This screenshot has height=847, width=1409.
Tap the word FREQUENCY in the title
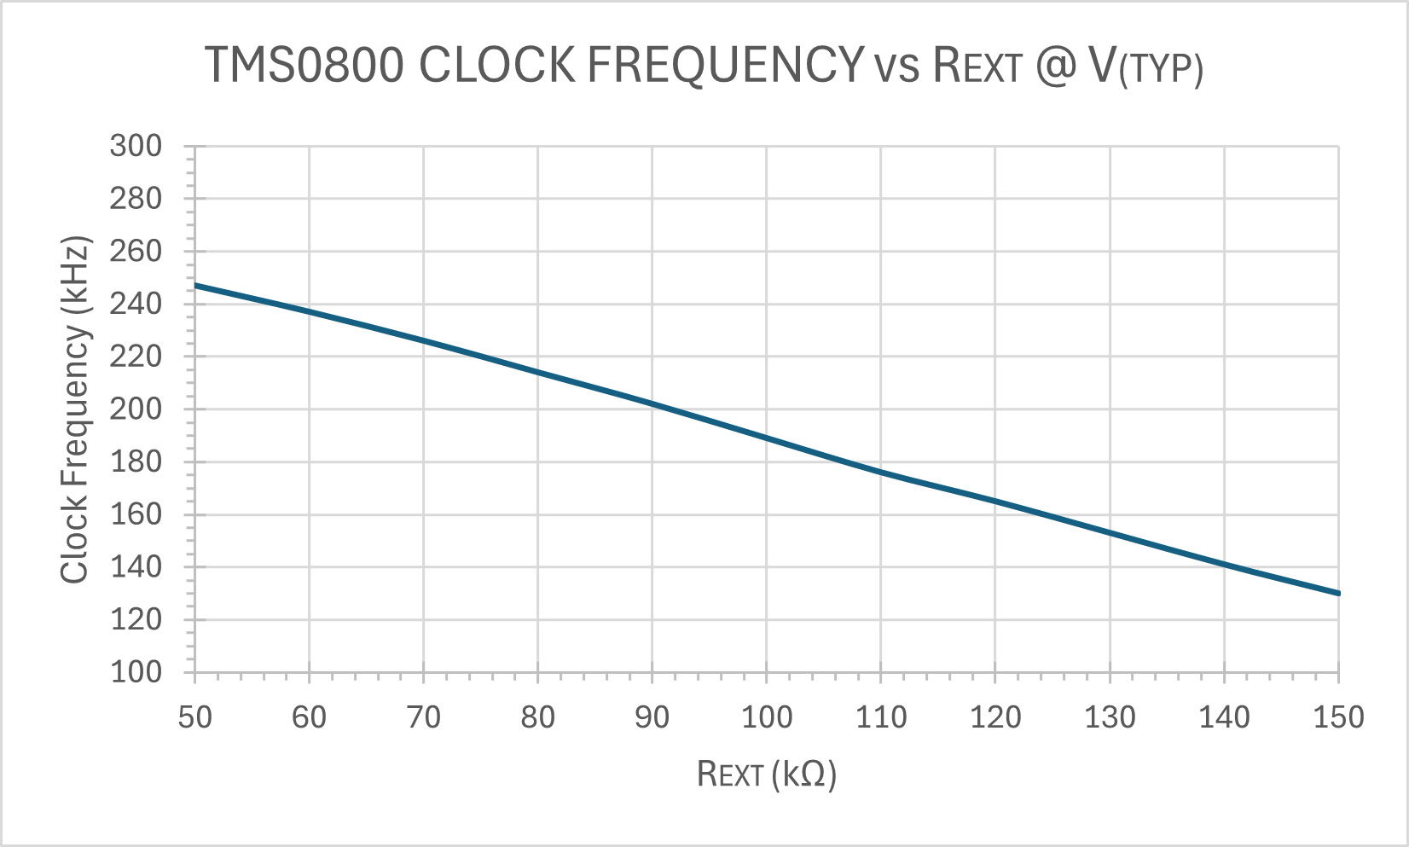(726, 65)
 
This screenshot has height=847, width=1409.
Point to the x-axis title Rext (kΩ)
(766, 774)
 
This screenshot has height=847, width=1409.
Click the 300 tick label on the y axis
(136, 146)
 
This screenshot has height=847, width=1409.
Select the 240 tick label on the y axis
(136, 304)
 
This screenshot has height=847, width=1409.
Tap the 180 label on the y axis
(136, 461)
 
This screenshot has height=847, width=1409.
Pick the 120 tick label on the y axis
(136, 619)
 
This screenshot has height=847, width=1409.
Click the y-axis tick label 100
(136, 672)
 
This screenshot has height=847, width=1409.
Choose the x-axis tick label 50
(194, 717)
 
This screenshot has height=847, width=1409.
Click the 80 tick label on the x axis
(537, 717)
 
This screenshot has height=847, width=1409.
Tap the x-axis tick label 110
(881, 717)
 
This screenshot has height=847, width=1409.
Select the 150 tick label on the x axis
(1338, 717)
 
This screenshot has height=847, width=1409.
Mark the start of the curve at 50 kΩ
(195, 285)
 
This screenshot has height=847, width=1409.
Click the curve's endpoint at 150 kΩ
(1338, 593)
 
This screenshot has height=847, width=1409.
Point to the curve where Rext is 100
(767, 438)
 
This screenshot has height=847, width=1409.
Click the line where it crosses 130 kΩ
(1110, 533)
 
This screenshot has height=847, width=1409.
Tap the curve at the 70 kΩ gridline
(424, 340)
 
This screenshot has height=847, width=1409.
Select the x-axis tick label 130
(1110, 717)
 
